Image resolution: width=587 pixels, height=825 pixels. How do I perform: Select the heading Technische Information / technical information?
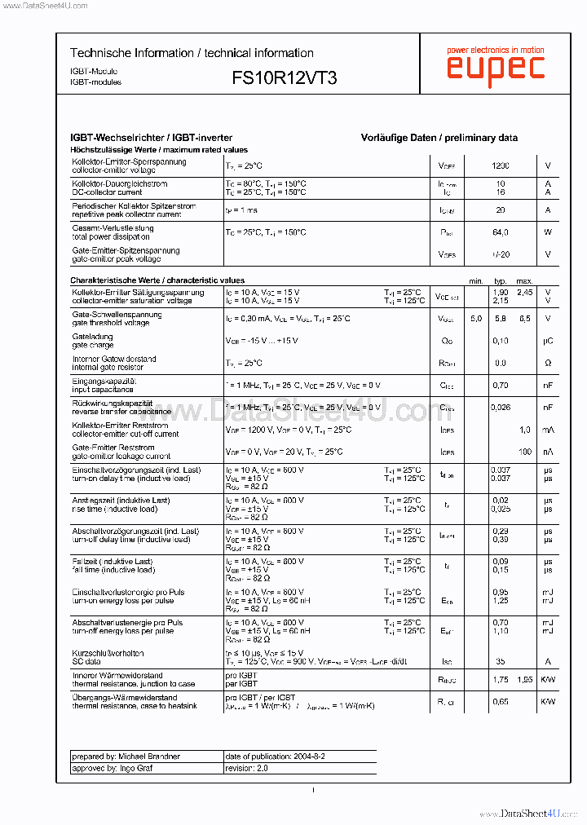[192, 53]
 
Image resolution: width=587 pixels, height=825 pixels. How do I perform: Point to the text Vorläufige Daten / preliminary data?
[439, 138]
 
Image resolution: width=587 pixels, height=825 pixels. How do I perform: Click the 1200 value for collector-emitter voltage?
[501, 166]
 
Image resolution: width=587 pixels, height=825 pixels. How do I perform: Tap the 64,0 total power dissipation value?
[501, 232]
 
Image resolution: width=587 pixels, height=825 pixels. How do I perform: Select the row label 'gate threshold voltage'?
[111, 323]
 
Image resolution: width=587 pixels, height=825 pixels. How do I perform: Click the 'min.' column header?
[476, 280]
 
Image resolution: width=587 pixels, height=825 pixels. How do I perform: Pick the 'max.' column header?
[524, 280]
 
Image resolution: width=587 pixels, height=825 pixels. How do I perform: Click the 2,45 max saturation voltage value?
[524, 292]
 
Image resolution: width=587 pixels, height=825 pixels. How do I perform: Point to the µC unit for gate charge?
[548, 341]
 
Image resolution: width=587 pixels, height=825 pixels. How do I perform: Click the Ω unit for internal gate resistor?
[548, 363]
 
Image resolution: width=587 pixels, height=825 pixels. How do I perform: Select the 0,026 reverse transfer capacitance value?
[501, 407]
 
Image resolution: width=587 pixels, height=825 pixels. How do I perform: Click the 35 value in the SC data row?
[501, 662]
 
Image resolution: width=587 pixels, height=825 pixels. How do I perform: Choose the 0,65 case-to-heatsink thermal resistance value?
[501, 702]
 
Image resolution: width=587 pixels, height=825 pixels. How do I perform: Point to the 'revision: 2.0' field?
[246, 768]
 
